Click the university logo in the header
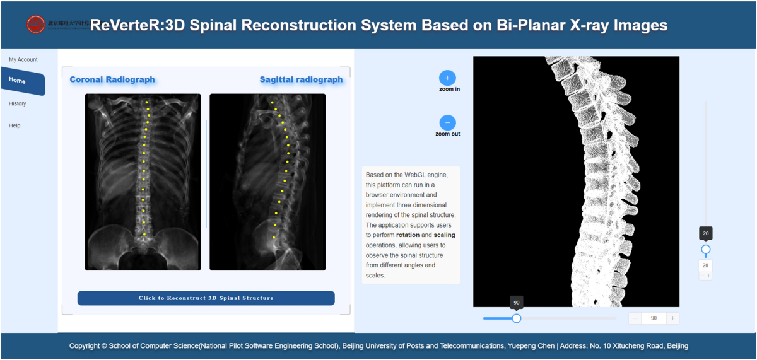coord(36,25)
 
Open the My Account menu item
coord(23,60)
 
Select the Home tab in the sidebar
coord(18,81)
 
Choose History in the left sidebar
coord(18,103)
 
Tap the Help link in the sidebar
coord(15,125)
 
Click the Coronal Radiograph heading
coord(112,79)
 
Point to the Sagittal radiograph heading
coord(301,79)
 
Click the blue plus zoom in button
coord(447,78)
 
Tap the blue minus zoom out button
coord(447,123)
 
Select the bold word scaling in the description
coord(444,235)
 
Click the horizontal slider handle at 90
coord(517,318)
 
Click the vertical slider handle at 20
coord(706,250)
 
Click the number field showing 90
coord(654,318)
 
